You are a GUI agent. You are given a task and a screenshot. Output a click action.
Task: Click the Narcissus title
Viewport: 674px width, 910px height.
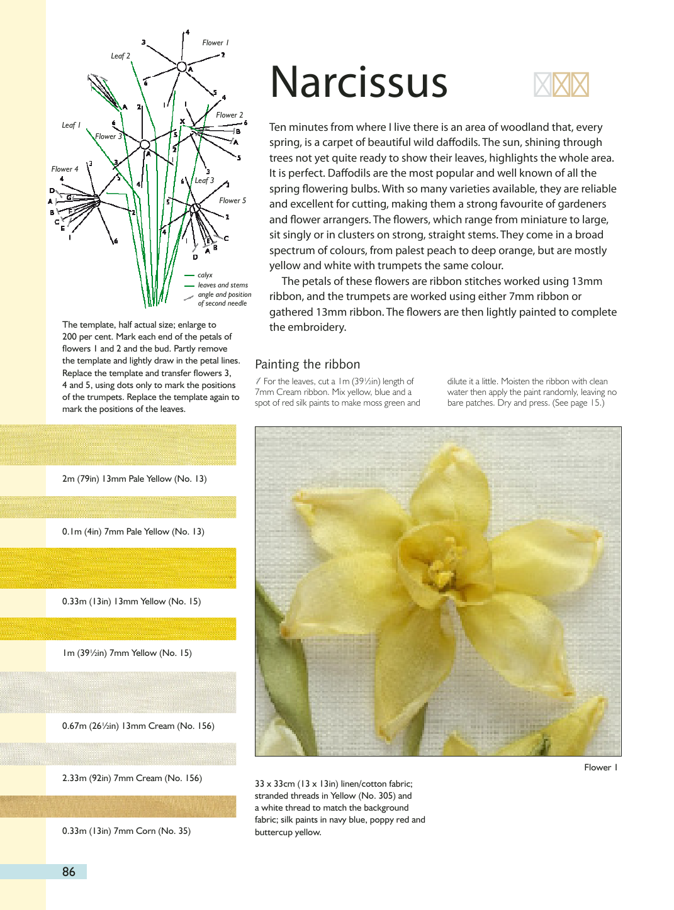point(359,83)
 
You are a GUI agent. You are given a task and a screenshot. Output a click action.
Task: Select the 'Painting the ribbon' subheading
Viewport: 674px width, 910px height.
point(307,364)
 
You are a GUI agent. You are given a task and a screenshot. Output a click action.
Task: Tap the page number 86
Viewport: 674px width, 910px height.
point(69,872)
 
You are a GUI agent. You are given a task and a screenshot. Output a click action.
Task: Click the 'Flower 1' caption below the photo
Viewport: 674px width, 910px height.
point(600,767)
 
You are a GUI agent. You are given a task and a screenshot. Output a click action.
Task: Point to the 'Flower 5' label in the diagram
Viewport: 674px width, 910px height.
point(232,201)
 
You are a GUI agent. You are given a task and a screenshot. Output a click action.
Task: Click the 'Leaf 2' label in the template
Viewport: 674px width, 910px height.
point(120,56)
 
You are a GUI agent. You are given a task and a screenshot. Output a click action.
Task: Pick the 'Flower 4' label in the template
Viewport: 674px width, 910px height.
point(65,169)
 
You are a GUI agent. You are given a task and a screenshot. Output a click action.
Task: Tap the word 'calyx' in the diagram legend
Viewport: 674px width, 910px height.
point(205,275)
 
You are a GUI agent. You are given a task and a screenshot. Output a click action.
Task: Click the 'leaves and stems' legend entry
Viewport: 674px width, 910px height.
point(223,285)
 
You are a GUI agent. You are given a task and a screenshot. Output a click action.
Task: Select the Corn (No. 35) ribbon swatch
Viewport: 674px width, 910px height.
point(118,806)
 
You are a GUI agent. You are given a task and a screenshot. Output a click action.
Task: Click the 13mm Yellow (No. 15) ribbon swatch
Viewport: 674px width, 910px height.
point(118,568)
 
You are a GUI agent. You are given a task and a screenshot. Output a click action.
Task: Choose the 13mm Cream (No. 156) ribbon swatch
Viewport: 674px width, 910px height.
point(118,692)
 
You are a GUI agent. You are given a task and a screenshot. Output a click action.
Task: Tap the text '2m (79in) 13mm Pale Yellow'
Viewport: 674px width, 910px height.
point(134,479)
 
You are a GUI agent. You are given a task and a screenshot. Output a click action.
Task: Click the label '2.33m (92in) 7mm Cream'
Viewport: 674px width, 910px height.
point(132,778)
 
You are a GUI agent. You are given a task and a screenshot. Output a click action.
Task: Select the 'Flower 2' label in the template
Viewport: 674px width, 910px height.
point(229,115)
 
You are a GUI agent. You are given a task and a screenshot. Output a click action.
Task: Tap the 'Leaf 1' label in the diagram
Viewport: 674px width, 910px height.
point(71,125)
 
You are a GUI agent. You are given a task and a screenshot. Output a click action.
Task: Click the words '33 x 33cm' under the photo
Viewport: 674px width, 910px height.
point(275,784)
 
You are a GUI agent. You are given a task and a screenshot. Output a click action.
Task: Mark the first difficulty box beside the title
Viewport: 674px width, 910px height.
point(542,85)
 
